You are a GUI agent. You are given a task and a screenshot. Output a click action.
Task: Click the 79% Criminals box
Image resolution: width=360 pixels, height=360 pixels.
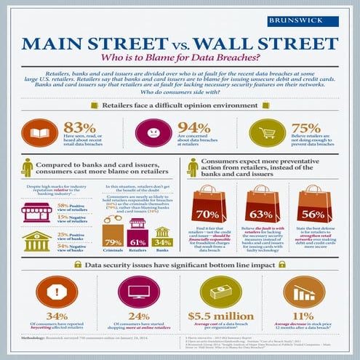tap(113, 241)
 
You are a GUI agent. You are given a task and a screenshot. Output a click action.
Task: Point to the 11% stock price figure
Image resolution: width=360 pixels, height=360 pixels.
tap(313, 316)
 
